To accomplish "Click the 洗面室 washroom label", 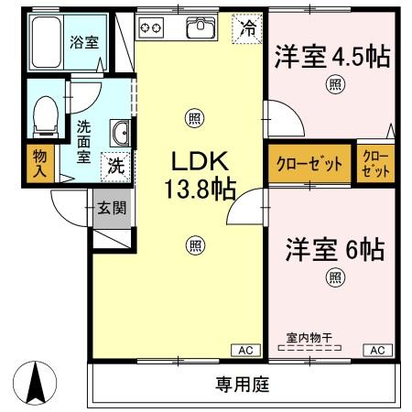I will pos(84,140).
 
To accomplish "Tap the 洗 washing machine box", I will pos(117,168).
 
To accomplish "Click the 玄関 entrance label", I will pos(113,209).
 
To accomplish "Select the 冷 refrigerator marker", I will pos(244,27).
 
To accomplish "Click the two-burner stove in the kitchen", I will pos(151,28).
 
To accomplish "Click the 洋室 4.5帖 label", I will pos(332,57).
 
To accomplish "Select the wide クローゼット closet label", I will pos(309,165).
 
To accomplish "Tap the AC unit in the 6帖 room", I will pos(376,350).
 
